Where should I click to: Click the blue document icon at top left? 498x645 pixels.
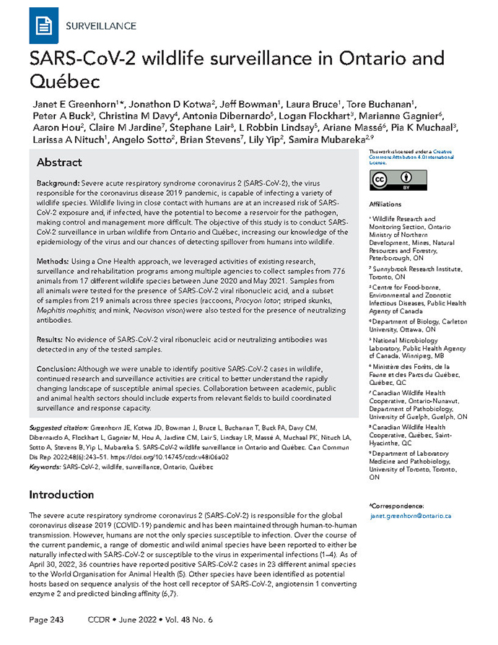click(x=43, y=26)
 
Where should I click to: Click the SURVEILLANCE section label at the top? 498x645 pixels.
click(x=101, y=27)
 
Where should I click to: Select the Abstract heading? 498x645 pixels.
click(x=59, y=163)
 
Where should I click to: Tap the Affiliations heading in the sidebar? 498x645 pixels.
click(x=389, y=204)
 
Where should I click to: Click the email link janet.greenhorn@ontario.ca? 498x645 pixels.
click(x=409, y=516)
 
